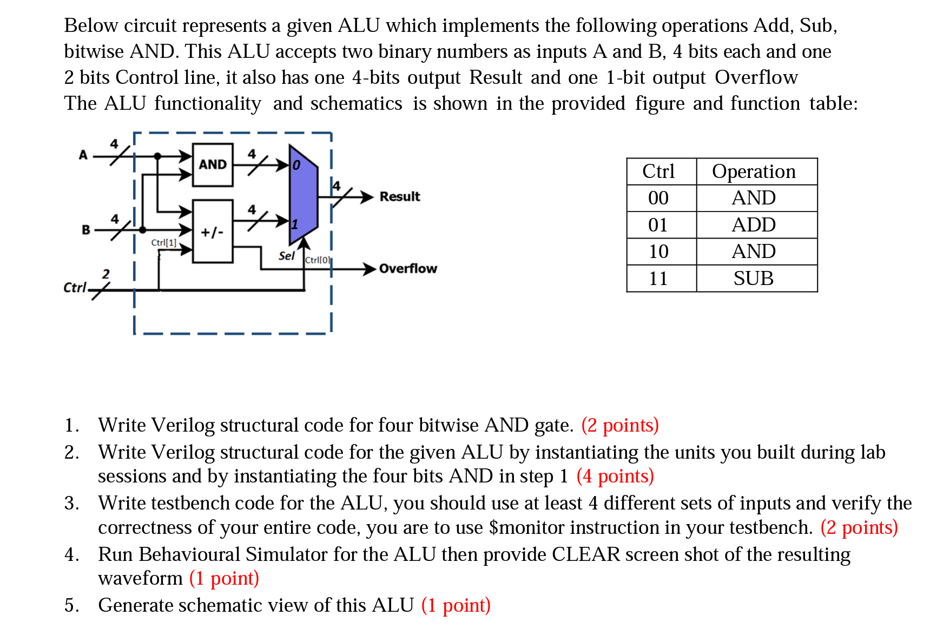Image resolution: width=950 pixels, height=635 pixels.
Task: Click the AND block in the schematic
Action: coord(213,164)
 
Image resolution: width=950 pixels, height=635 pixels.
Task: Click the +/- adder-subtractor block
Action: coord(213,231)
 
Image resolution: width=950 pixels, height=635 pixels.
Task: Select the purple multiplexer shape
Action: coord(303,195)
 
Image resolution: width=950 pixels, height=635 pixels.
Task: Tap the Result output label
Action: coord(399,196)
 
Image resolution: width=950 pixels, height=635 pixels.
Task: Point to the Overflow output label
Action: coord(408,268)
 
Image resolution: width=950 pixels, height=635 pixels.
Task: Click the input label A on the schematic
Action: coord(83,155)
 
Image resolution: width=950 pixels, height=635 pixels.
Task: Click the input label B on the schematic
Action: coord(86,230)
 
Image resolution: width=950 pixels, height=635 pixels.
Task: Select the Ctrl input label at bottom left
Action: coord(75,287)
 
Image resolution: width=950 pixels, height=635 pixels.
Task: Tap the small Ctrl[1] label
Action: coord(163,243)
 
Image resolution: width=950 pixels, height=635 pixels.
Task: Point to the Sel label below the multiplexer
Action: coord(286,256)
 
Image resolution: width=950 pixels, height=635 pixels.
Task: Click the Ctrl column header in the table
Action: coord(658,171)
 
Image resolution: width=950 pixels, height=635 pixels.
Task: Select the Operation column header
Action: coord(754,171)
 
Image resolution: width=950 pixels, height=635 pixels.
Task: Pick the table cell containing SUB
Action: coord(754,279)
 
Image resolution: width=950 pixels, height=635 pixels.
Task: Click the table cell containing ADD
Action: coord(754,225)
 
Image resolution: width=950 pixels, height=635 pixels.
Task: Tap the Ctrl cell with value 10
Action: coord(658,252)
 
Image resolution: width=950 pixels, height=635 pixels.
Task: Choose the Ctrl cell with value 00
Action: coord(658,198)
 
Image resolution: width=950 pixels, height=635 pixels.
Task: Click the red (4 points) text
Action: coord(615,476)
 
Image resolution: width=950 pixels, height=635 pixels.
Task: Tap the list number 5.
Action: coord(71,605)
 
